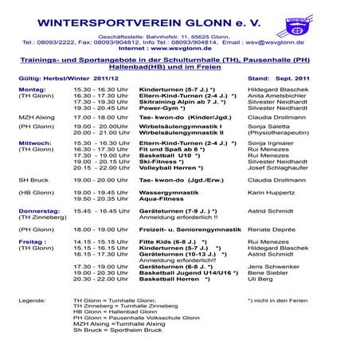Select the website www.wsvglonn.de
(x=179, y=47)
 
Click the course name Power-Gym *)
(x=163, y=108)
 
